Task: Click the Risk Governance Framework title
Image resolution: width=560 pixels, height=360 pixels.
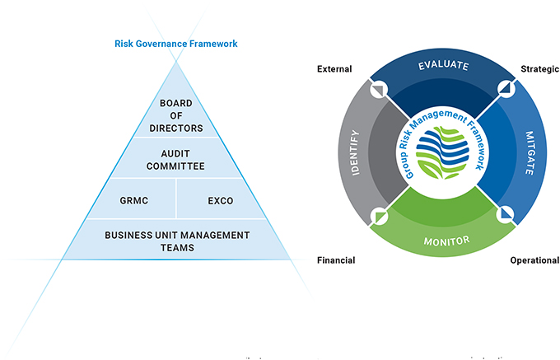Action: pos(175,44)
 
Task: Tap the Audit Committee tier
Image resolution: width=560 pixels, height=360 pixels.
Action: pos(175,158)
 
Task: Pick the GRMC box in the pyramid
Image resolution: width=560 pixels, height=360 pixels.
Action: pos(134,200)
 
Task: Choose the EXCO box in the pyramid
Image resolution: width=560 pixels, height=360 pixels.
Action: pos(221,200)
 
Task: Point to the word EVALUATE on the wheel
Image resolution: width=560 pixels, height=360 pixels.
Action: pos(443,65)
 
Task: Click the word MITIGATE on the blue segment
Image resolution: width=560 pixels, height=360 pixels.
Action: pos(530,153)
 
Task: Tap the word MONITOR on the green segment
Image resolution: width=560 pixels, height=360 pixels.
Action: pos(446,241)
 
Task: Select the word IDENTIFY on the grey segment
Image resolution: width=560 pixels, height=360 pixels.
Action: pos(356,152)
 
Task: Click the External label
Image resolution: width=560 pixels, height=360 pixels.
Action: pos(334,69)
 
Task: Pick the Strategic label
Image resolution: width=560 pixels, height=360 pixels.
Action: pos(539,69)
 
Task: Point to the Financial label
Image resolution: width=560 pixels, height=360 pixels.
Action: pos(336,260)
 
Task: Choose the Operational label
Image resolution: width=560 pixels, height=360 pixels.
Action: pos(534,260)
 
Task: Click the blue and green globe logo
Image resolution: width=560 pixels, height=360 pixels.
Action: pos(442,152)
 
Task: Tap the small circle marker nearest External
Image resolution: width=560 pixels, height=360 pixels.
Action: pos(379,89)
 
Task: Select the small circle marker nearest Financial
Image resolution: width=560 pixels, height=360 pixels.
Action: pos(379,216)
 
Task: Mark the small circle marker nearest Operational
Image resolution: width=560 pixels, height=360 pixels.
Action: pos(506,215)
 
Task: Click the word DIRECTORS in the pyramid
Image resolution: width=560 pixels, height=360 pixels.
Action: pos(176,129)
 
